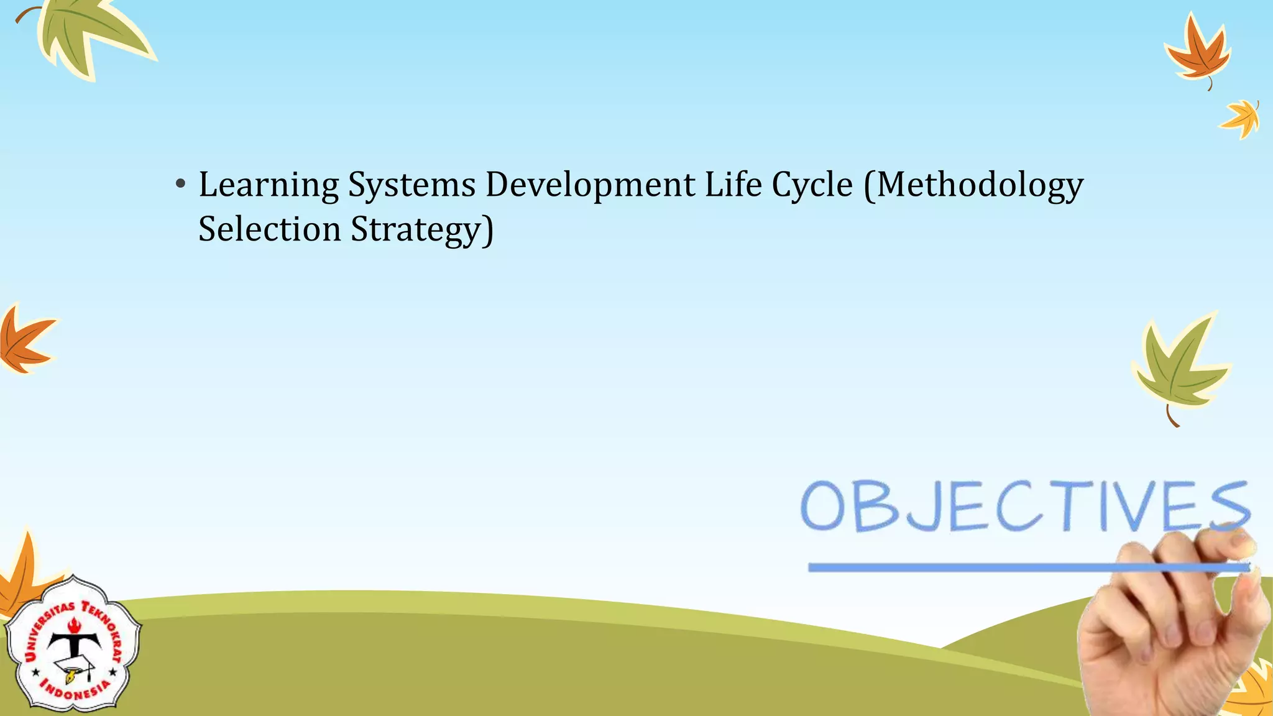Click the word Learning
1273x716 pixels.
269,185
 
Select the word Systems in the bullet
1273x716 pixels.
411,185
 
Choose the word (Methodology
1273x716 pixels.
973,185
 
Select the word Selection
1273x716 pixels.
269,229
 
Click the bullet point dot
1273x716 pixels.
180,185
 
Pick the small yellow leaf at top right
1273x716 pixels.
1241,118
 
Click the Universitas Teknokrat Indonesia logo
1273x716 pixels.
73,645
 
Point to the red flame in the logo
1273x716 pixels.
75,625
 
